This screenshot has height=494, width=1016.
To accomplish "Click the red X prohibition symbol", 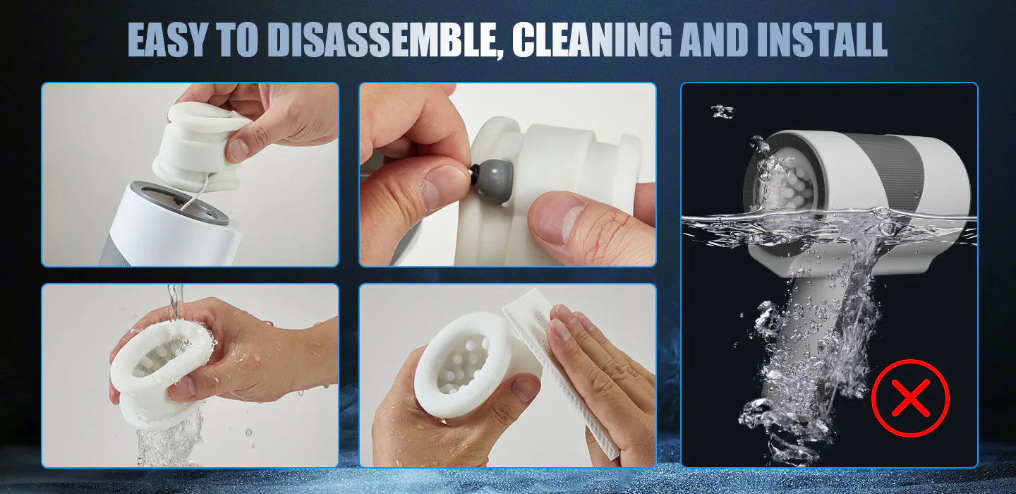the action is (910, 398).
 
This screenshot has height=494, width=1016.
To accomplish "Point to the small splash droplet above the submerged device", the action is (722, 111).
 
